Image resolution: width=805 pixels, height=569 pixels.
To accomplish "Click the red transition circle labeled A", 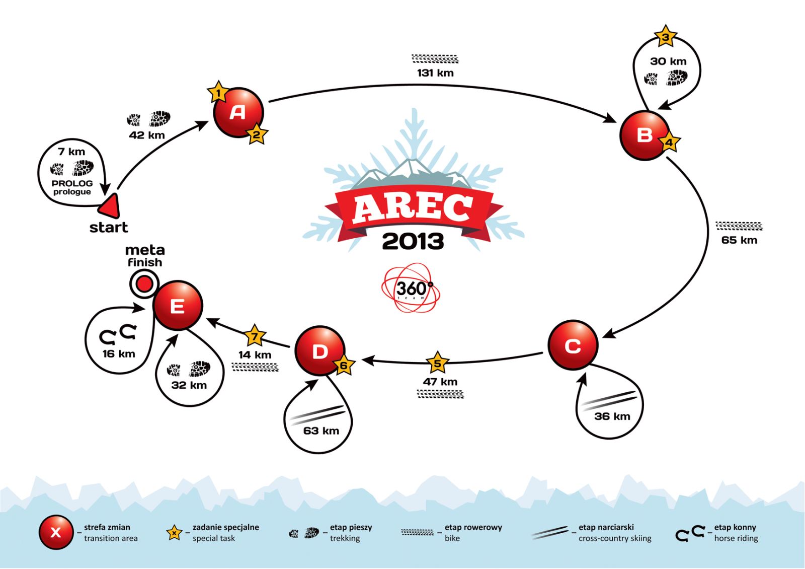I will (238, 112).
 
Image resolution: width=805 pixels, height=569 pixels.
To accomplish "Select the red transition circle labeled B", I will (645, 135).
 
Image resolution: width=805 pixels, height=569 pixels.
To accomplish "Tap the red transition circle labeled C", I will (573, 345).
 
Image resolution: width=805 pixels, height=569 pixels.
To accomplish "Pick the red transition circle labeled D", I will (320, 351).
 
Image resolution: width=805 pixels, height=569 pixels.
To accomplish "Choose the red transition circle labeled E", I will (178, 306).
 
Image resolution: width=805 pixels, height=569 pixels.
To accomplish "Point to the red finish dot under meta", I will (144, 284).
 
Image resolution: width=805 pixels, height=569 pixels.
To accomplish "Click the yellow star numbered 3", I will (665, 36).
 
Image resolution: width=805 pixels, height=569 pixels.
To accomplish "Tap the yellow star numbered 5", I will (437, 363).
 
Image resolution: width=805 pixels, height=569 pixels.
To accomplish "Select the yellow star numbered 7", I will (255, 336).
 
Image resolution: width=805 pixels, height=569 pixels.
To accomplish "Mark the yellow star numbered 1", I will (218, 93).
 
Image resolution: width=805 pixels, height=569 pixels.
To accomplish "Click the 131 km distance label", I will (435, 73).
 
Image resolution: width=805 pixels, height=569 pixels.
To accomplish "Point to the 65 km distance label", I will (739, 240).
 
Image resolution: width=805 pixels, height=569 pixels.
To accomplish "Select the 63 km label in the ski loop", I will (321, 431).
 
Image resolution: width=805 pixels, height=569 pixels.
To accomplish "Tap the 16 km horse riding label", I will (119, 353).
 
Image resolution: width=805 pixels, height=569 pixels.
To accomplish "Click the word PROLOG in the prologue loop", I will (72, 183).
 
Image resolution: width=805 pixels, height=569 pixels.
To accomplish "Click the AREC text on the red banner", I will (413, 207).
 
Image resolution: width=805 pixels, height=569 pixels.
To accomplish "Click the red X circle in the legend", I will (56, 532).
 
